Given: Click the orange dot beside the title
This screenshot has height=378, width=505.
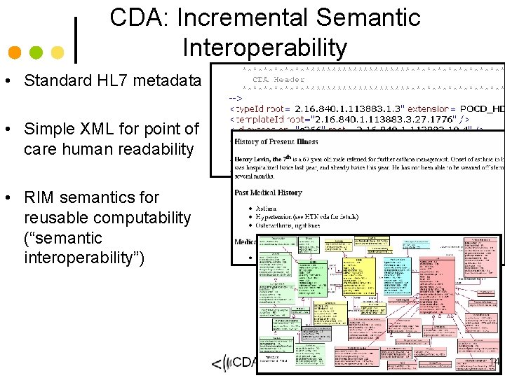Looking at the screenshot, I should (14, 52).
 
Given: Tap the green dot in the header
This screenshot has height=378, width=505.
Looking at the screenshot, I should (36, 52).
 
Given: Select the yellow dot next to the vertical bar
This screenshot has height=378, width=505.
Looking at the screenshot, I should (58, 52).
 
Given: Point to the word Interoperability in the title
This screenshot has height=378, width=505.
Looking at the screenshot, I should (264, 47).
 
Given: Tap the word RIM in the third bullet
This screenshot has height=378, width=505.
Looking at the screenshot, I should (39, 198).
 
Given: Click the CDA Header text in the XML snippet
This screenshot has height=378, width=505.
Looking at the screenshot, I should (278, 80).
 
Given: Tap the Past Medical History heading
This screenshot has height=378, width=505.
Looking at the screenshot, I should (269, 192).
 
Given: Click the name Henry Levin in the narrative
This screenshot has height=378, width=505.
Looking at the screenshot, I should (259, 160).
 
